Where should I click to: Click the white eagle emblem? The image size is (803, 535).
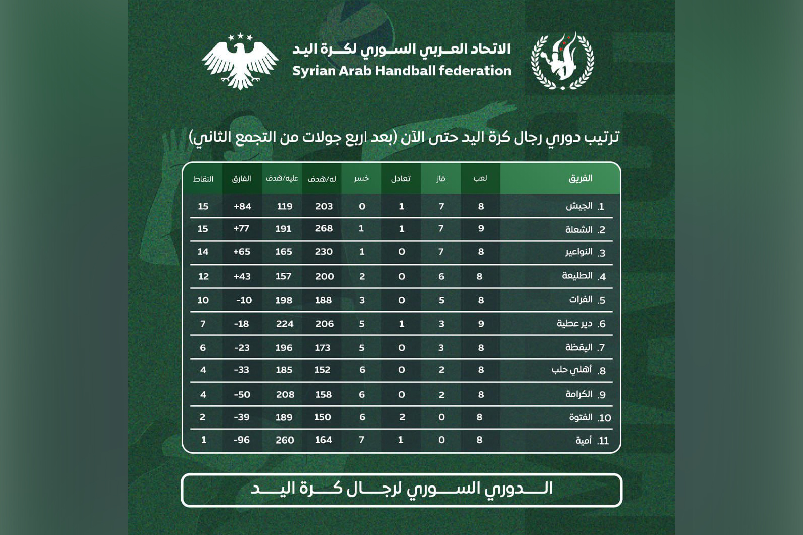point(240,61)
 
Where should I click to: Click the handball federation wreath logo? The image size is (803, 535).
point(562,61)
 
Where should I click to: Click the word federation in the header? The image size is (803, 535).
point(475,71)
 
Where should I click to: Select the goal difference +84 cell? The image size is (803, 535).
point(242,206)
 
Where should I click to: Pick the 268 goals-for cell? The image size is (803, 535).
point(324,228)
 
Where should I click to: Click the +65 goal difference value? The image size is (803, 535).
point(242,252)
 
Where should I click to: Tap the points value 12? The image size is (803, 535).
point(203,276)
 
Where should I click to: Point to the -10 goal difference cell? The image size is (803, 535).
point(244,300)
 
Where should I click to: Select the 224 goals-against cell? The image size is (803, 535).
point(285,324)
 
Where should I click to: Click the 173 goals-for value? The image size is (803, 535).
point(322,348)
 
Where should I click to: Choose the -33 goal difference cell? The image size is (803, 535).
point(242,370)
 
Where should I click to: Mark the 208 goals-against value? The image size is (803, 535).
point(285,394)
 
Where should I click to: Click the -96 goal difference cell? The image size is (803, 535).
point(242,440)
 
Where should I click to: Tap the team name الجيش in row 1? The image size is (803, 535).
point(579,206)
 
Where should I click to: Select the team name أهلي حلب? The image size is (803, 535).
point(571,370)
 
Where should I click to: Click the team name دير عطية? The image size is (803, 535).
point(574,324)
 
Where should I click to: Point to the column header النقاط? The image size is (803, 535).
point(203,179)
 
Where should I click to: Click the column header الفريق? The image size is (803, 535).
point(581,178)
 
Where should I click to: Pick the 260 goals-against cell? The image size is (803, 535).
point(285,440)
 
